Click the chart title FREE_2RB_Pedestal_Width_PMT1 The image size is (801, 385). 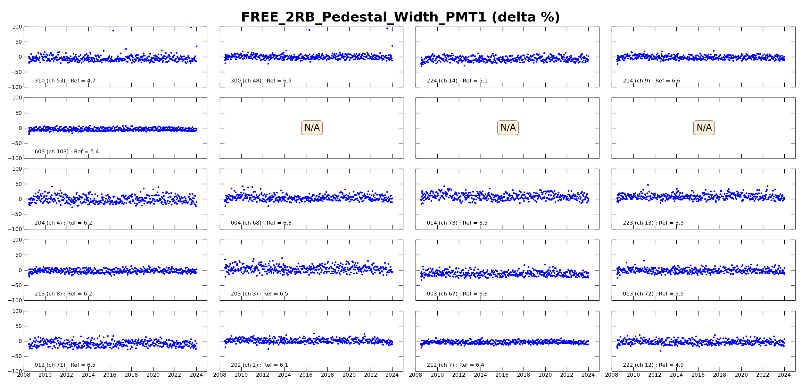(x=400, y=17)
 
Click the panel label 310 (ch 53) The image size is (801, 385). (x=65, y=81)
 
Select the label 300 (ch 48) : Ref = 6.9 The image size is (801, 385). (x=261, y=81)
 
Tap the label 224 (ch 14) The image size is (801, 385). (x=457, y=81)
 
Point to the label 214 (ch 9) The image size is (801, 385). (x=651, y=81)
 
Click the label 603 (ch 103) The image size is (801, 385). (x=67, y=152)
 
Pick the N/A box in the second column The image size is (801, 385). (x=312, y=128)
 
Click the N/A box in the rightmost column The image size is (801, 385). (x=704, y=128)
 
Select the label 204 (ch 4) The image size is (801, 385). (x=63, y=223)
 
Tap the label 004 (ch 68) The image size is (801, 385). (x=261, y=223)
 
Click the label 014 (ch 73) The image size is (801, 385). (x=457, y=223)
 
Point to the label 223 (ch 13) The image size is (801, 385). (x=653, y=223)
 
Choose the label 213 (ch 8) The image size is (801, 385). (x=63, y=294)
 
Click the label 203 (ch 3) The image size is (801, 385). (x=259, y=294)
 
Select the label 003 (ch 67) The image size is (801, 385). (x=457, y=294)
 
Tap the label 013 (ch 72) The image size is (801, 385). (x=653, y=294)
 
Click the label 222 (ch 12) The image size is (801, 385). (x=653, y=365)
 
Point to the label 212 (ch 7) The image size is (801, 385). (x=455, y=365)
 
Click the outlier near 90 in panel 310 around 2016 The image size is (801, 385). (x=113, y=30)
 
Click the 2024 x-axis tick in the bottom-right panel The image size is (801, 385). (x=784, y=375)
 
